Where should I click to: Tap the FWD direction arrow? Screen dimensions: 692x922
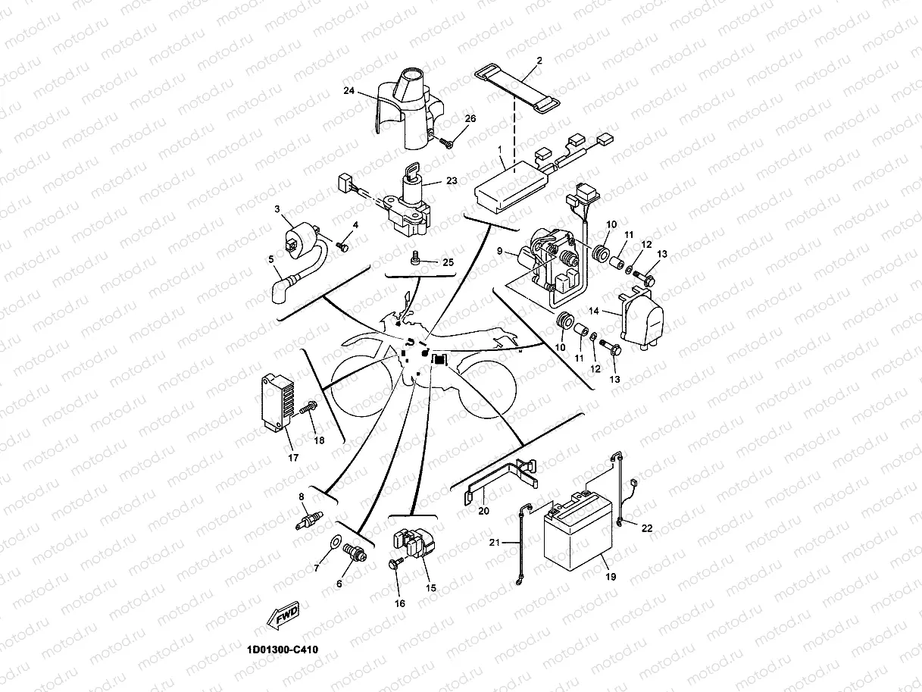[x=282, y=615]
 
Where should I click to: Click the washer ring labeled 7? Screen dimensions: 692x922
[x=335, y=543]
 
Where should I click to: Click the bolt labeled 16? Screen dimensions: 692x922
[x=395, y=564]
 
